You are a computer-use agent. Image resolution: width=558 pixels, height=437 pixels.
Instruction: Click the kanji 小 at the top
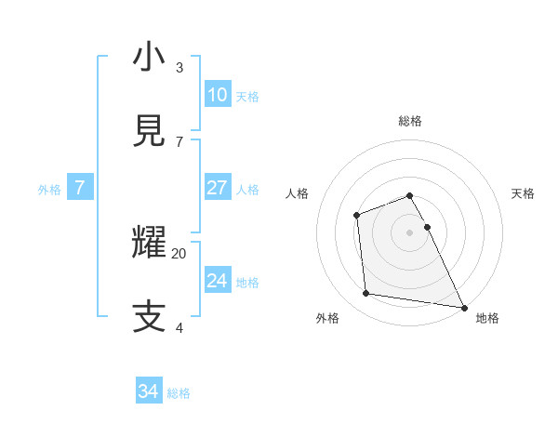coord(149,58)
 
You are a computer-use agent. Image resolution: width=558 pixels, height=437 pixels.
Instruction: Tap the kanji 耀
coord(149,243)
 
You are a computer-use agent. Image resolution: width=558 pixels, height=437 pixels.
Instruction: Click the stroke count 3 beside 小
coord(179,68)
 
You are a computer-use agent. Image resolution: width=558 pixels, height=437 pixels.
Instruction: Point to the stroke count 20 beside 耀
coord(179,253)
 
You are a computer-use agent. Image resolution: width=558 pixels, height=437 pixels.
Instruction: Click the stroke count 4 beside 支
coord(179,327)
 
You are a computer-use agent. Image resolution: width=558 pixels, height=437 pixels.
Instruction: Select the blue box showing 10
coord(217,95)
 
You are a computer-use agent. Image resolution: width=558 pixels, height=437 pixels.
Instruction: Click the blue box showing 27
coord(217,188)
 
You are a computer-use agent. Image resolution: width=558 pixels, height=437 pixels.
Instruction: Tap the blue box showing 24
coord(217,281)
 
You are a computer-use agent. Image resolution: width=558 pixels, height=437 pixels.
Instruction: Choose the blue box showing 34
coord(148,392)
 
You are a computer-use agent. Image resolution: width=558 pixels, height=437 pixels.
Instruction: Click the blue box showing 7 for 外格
coord(80,188)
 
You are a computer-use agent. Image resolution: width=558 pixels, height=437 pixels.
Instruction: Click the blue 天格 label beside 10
coord(247,96)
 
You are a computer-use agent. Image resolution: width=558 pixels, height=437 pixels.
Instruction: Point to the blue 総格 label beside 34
coord(179,393)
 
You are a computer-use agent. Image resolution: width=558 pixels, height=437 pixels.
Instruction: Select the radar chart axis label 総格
coord(410,121)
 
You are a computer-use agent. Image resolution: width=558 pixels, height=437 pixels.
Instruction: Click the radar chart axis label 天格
coord(523,193)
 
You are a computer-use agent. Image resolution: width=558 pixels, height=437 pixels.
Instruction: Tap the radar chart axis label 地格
coord(487,318)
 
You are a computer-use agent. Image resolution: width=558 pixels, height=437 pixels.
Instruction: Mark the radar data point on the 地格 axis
coord(464,307)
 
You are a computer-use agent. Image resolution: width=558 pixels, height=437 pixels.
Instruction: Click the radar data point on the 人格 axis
coord(356,216)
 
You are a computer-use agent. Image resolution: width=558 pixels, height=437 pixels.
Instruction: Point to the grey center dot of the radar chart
coord(410,232)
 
